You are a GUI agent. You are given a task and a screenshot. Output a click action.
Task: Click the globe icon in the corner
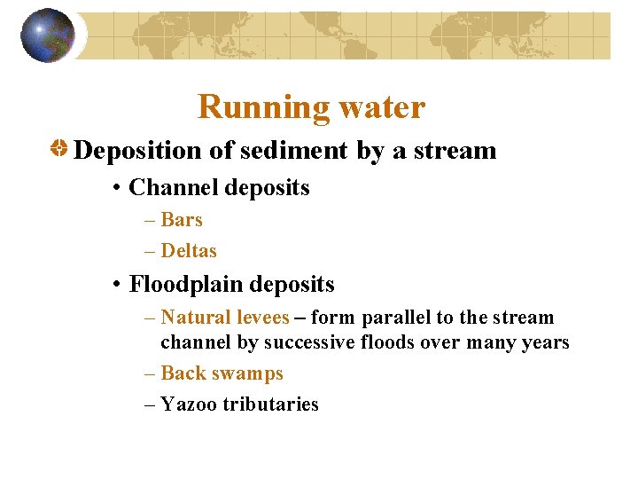pos(48,35)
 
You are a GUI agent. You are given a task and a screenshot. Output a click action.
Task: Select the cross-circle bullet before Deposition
pos(58,149)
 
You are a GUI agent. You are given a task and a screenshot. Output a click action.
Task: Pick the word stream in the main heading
pos(458,151)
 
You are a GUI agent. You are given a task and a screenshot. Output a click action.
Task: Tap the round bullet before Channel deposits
pos(117,189)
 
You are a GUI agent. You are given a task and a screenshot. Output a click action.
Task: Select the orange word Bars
pos(182,220)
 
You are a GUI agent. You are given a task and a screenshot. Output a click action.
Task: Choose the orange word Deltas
pos(189,251)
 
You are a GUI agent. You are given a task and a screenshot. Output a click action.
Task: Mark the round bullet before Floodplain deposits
pos(117,286)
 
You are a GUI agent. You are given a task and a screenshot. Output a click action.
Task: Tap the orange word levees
pos(260,318)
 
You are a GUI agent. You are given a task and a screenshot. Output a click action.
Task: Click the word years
pos(545,342)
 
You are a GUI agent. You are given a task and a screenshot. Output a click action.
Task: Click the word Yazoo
pos(189,404)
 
